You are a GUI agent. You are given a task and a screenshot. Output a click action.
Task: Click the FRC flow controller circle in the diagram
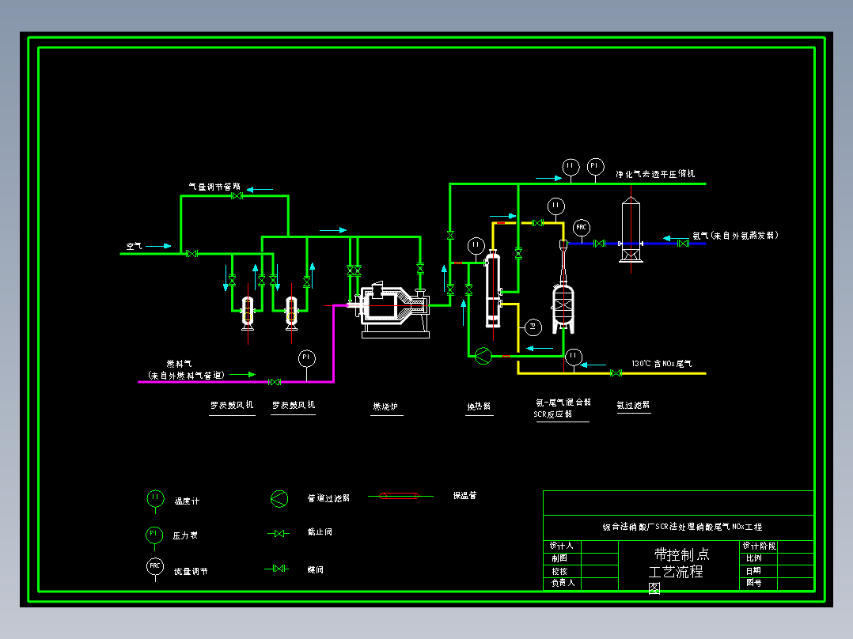[x=582, y=228]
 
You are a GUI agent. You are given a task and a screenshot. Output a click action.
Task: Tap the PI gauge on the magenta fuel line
[x=306, y=358]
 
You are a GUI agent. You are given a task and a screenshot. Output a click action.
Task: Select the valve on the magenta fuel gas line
[x=275, y=382]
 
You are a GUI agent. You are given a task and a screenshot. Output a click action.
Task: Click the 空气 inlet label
[x=134, y=246]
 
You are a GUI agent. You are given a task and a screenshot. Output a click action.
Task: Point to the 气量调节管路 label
[x=214, y=187]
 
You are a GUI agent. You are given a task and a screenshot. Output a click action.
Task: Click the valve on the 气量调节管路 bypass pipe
[x=236, y=196]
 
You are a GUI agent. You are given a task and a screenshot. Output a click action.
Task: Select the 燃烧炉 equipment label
[x=385, y=407]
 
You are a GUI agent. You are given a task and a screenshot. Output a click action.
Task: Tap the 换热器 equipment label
[x=479, y=407]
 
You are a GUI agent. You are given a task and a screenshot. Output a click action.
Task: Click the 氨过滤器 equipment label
[x=633, y=405]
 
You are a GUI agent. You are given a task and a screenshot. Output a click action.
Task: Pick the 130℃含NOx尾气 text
[x=662, y=364]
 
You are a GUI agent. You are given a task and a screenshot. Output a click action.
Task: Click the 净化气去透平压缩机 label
[x=656, y=173]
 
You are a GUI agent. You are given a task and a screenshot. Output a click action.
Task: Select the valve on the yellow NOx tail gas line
[x=616, y=372]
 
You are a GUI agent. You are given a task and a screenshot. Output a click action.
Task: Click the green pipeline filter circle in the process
[x=482, y=357]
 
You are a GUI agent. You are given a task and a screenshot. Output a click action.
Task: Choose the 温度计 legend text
[x=187, y=501]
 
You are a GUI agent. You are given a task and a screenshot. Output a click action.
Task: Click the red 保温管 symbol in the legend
[x=400, y=497]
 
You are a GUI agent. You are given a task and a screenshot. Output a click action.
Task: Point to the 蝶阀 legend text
[x=315, y=569]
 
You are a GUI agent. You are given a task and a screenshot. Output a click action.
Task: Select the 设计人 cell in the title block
[x=562, y=546]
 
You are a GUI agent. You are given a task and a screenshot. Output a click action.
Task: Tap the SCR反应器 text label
[x=552, y=414]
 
